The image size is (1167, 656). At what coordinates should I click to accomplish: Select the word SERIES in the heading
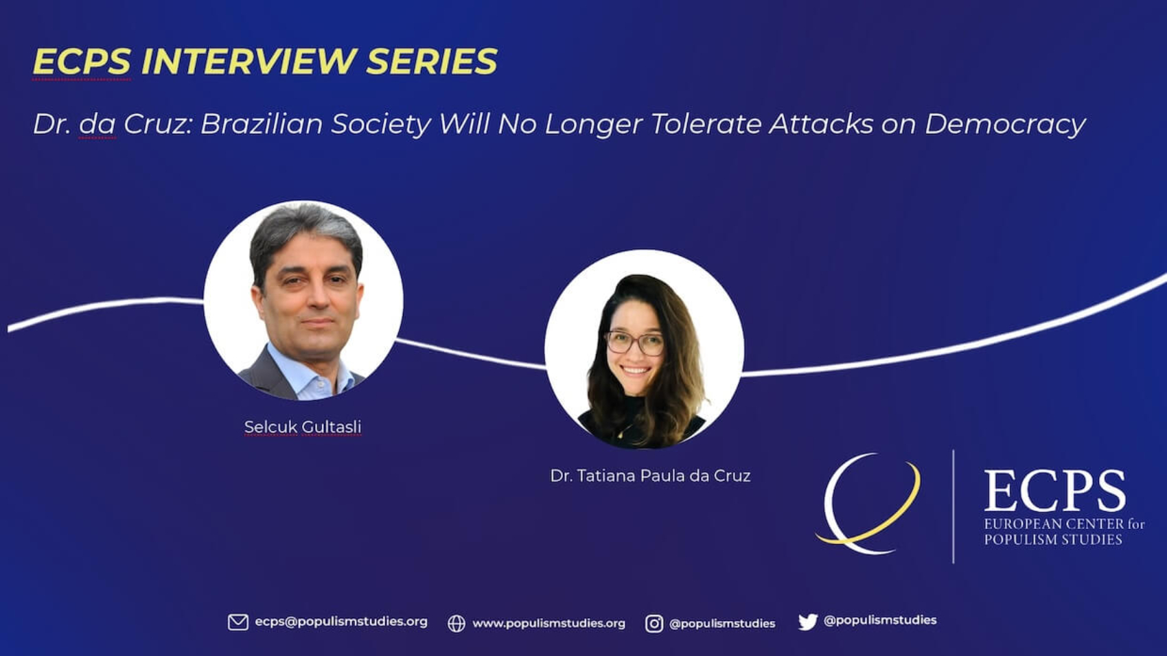point(432,61)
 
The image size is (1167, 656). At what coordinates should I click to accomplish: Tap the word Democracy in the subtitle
point(1006,124)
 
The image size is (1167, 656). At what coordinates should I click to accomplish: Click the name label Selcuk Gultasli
point(303,427)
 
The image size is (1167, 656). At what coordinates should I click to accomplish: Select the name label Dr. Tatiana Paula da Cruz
point(650,476)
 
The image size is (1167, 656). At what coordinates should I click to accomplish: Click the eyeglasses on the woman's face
point(634,342)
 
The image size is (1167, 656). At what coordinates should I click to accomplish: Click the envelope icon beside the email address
point(238,622)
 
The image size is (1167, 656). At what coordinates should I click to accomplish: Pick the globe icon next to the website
point(457,623)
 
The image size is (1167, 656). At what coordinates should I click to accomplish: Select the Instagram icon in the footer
point(654,623)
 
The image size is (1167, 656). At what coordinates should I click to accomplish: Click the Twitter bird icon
point(808,622)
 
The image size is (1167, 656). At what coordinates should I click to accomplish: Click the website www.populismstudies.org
point(548,623)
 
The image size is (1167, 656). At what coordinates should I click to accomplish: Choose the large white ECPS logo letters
point(1054,491)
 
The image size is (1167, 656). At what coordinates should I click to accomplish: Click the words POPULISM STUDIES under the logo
point(1053,539)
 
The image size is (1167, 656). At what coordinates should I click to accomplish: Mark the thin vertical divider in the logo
point(954,506)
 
